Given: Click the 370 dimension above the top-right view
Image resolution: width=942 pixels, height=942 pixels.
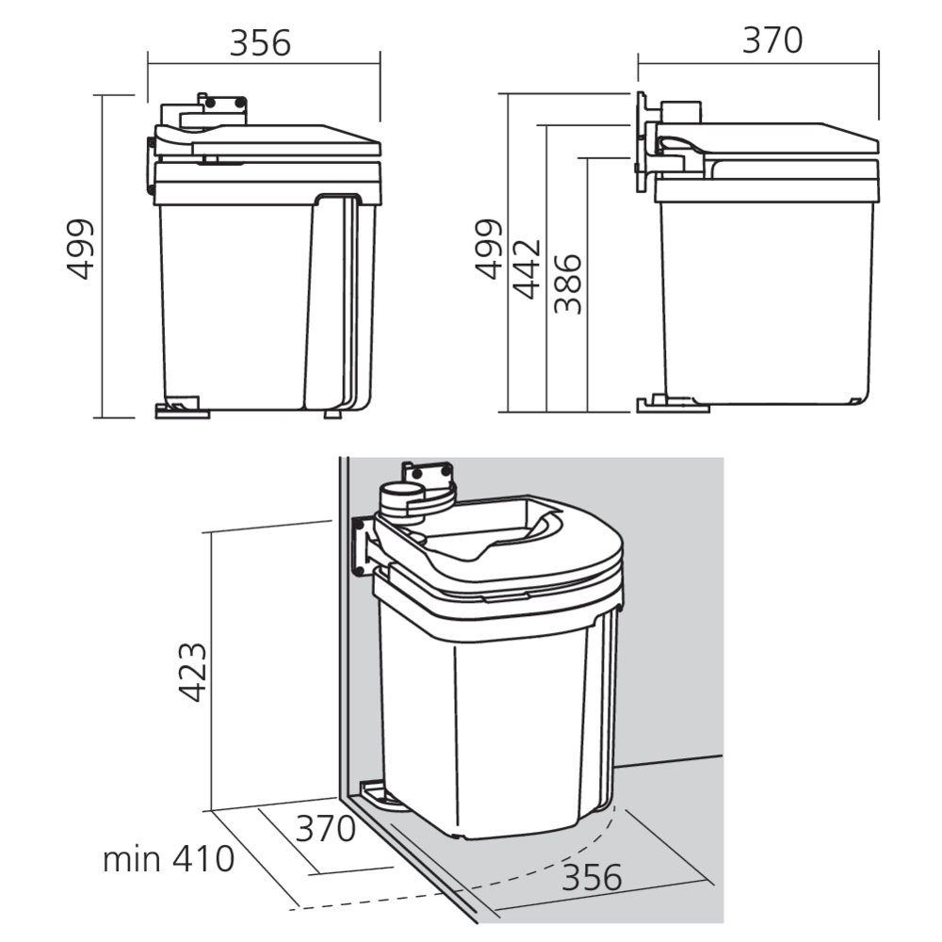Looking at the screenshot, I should (772, 41).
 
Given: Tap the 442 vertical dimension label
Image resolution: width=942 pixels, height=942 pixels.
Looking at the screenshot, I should (528, 268).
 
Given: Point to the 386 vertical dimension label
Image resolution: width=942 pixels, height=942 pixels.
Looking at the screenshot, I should (567, 283).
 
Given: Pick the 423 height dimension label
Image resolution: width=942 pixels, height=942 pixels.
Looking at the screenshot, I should (194, 673).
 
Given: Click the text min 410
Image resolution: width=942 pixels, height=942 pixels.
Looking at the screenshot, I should (168, 859).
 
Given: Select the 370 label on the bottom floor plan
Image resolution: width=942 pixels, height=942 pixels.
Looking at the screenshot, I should (326, 829).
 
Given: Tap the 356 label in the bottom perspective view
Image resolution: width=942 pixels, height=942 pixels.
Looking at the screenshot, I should (593, 877).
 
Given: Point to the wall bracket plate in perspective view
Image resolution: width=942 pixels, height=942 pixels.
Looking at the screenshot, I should (361, 544).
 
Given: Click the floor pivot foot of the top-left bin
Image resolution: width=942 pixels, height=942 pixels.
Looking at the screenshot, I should (180, 409).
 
